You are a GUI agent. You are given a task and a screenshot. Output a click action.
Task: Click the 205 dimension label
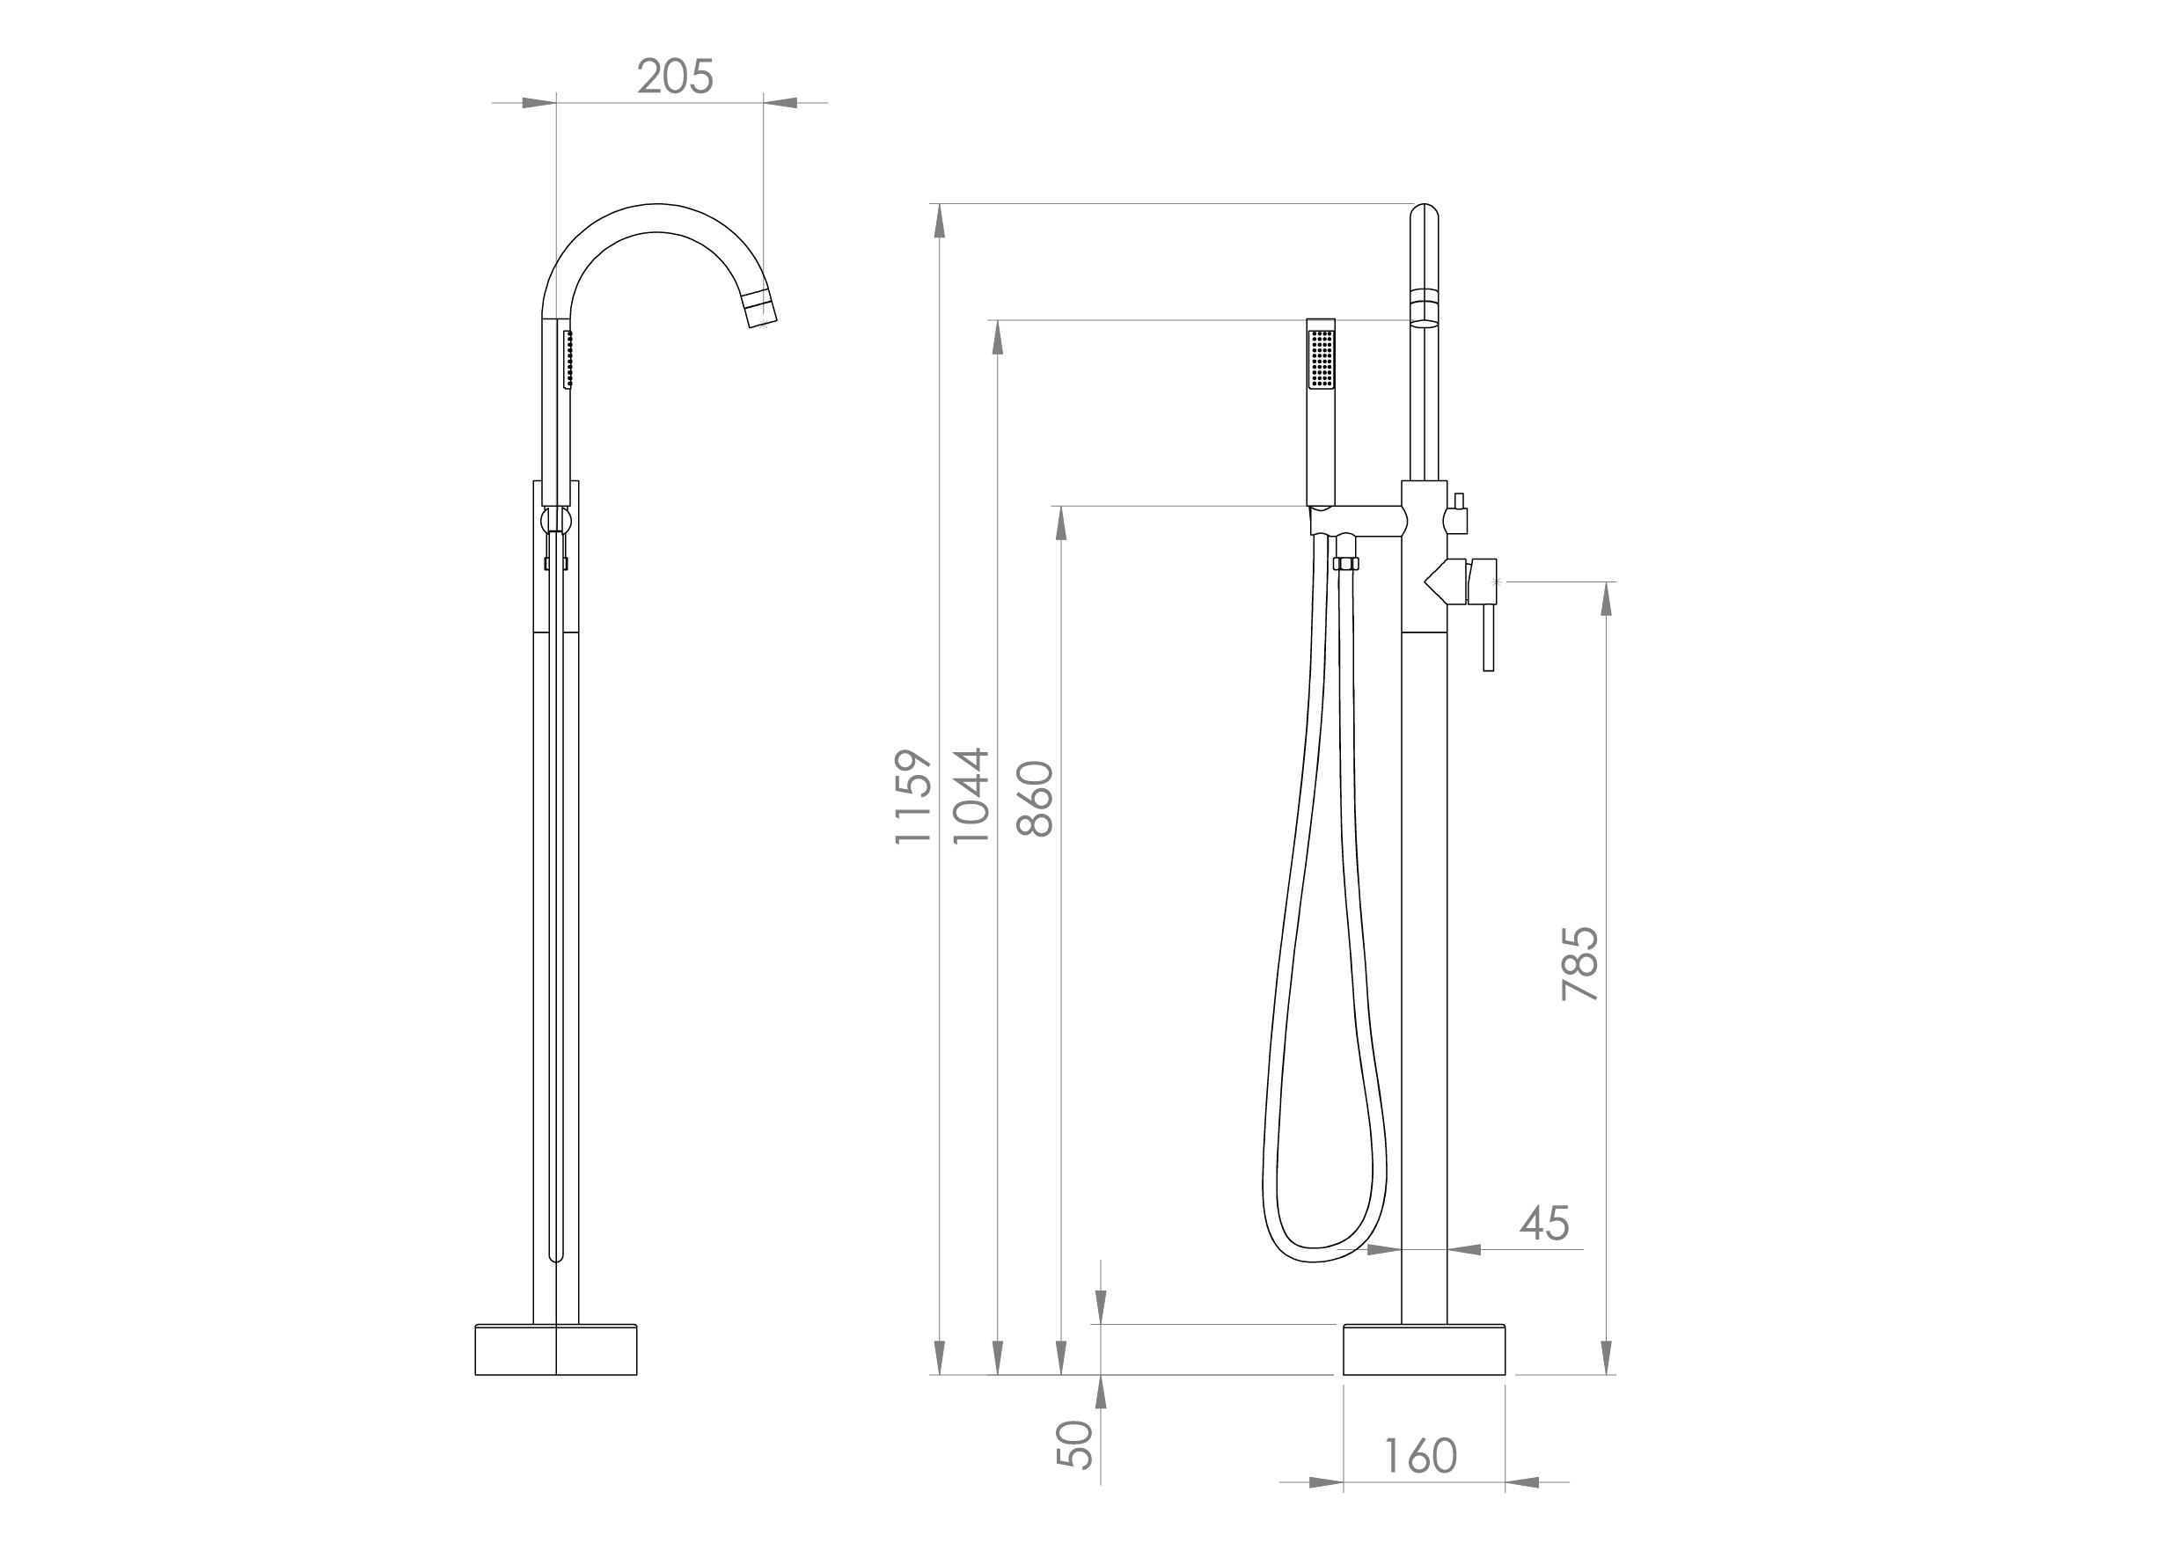[x=674, y=77]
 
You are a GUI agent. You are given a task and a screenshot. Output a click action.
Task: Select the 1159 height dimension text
[x=912, y=797]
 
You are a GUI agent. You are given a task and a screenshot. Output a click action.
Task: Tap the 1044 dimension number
[x=971, y=797]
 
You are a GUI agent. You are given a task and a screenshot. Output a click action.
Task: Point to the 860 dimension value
[x=1035, y=799]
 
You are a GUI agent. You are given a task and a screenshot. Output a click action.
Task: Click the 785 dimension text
[x=1580, y=964]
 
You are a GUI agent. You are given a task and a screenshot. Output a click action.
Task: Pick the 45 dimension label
[x=1544, y=1224]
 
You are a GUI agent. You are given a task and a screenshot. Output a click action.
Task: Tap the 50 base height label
[x=1075, y=1445]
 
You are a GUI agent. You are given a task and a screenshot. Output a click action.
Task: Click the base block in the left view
[x=555, y=1350]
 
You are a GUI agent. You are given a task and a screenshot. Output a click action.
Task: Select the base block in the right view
[x=1425, y=1350]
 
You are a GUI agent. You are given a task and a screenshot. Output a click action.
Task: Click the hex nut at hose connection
[x=1345, y=564]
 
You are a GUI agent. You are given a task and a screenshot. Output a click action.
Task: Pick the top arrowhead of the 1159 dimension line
[x=940, y=221]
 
